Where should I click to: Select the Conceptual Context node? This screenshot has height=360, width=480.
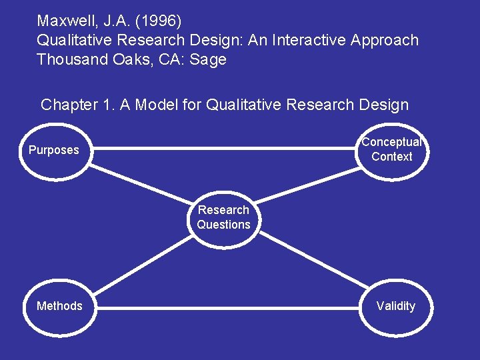point(392,149)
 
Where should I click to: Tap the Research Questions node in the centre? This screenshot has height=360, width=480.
point(223,217)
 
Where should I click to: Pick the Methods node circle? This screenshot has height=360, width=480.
point(59,306)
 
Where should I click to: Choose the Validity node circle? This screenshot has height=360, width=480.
point(395,306)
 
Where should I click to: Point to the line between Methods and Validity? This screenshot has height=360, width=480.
point(227,308)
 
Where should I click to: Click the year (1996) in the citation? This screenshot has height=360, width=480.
point(157,21)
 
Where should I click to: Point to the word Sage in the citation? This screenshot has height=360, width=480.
point(208,59)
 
